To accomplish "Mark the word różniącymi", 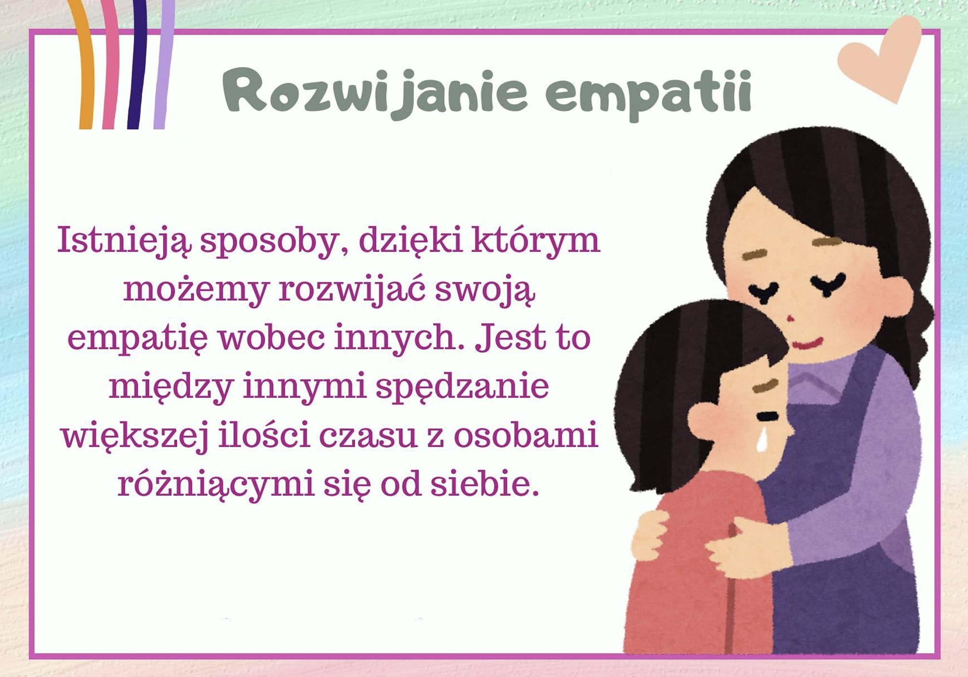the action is (x=216, y=484).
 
